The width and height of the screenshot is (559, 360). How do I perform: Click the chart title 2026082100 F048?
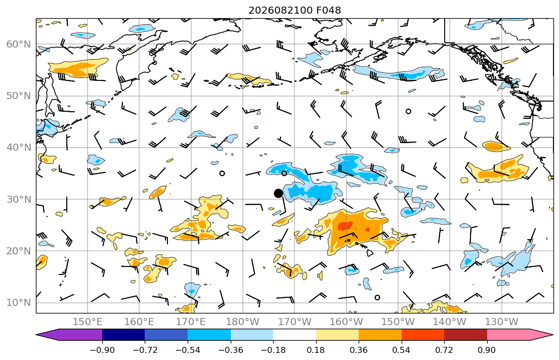294,10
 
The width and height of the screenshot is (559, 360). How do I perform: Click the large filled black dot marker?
278,194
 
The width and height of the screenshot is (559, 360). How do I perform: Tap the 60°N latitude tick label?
19,44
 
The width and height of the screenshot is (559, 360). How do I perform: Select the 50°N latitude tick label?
19,96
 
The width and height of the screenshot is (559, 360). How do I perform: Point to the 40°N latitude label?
19,148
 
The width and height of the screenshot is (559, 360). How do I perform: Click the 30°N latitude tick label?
19,199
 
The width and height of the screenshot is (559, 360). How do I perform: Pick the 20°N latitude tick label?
19,251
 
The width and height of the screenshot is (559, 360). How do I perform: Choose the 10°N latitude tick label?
19,303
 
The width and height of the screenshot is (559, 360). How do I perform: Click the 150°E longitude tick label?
88,322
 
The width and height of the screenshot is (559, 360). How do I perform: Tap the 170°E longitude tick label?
191,322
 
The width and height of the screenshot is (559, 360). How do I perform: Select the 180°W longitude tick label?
243,322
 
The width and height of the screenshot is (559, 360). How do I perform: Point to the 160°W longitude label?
346,322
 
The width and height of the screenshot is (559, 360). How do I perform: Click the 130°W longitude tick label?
502,322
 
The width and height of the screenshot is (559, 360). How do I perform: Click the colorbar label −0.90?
102,350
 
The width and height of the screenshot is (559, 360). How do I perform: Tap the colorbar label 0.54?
402,350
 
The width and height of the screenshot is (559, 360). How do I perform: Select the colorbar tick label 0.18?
316,350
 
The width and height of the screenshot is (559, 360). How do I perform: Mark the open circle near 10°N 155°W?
377,298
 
